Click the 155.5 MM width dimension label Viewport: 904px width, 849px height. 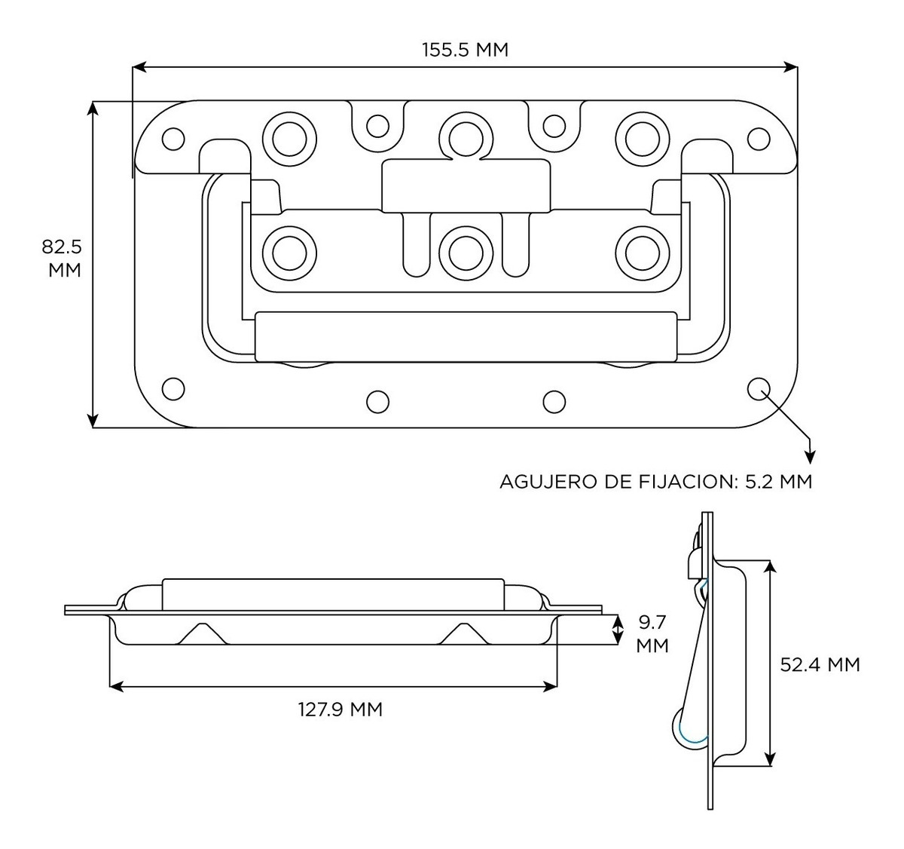click(465, 50)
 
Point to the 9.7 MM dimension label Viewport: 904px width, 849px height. click(652, 634)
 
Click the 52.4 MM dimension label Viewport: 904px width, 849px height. click(820, 664)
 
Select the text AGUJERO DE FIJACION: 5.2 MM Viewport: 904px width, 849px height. click(655, 481)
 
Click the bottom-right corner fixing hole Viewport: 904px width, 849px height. click(759, 388)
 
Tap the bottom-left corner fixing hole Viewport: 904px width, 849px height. click(173, 388)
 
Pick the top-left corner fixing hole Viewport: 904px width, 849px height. click(173, 139)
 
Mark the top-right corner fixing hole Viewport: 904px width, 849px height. click(759, 139)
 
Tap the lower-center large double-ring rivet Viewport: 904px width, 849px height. click(463, 252)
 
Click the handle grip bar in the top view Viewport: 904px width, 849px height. click(466, 336)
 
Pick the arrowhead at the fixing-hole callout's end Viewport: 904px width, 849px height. click(811, 455)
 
